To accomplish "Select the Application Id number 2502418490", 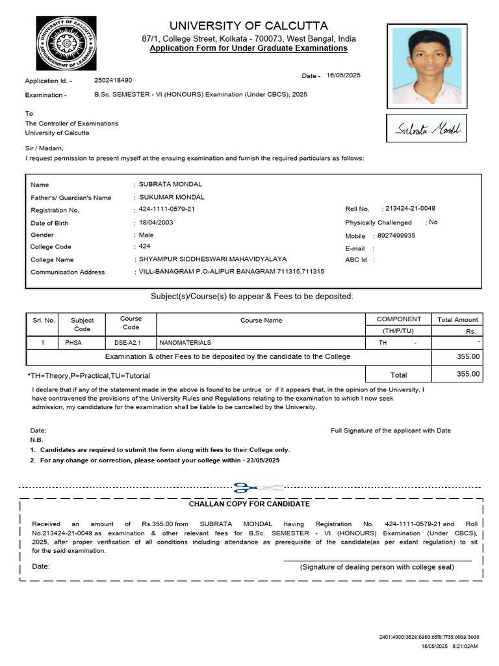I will click(113, 80).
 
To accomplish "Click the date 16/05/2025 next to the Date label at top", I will click(343, 75).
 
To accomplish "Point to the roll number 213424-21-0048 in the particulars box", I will click(410, 208).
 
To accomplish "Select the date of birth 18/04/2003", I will click(156, 222).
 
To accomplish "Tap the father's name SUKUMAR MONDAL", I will click(172, 197).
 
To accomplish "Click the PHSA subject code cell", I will click(83, 342).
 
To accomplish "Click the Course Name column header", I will click(261, 320).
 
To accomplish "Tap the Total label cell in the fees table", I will click(398, 375).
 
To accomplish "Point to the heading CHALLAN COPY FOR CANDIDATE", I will click(249, 504).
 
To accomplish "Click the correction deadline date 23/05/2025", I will click(260, 460).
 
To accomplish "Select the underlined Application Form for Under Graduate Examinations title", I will click(248, 49).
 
